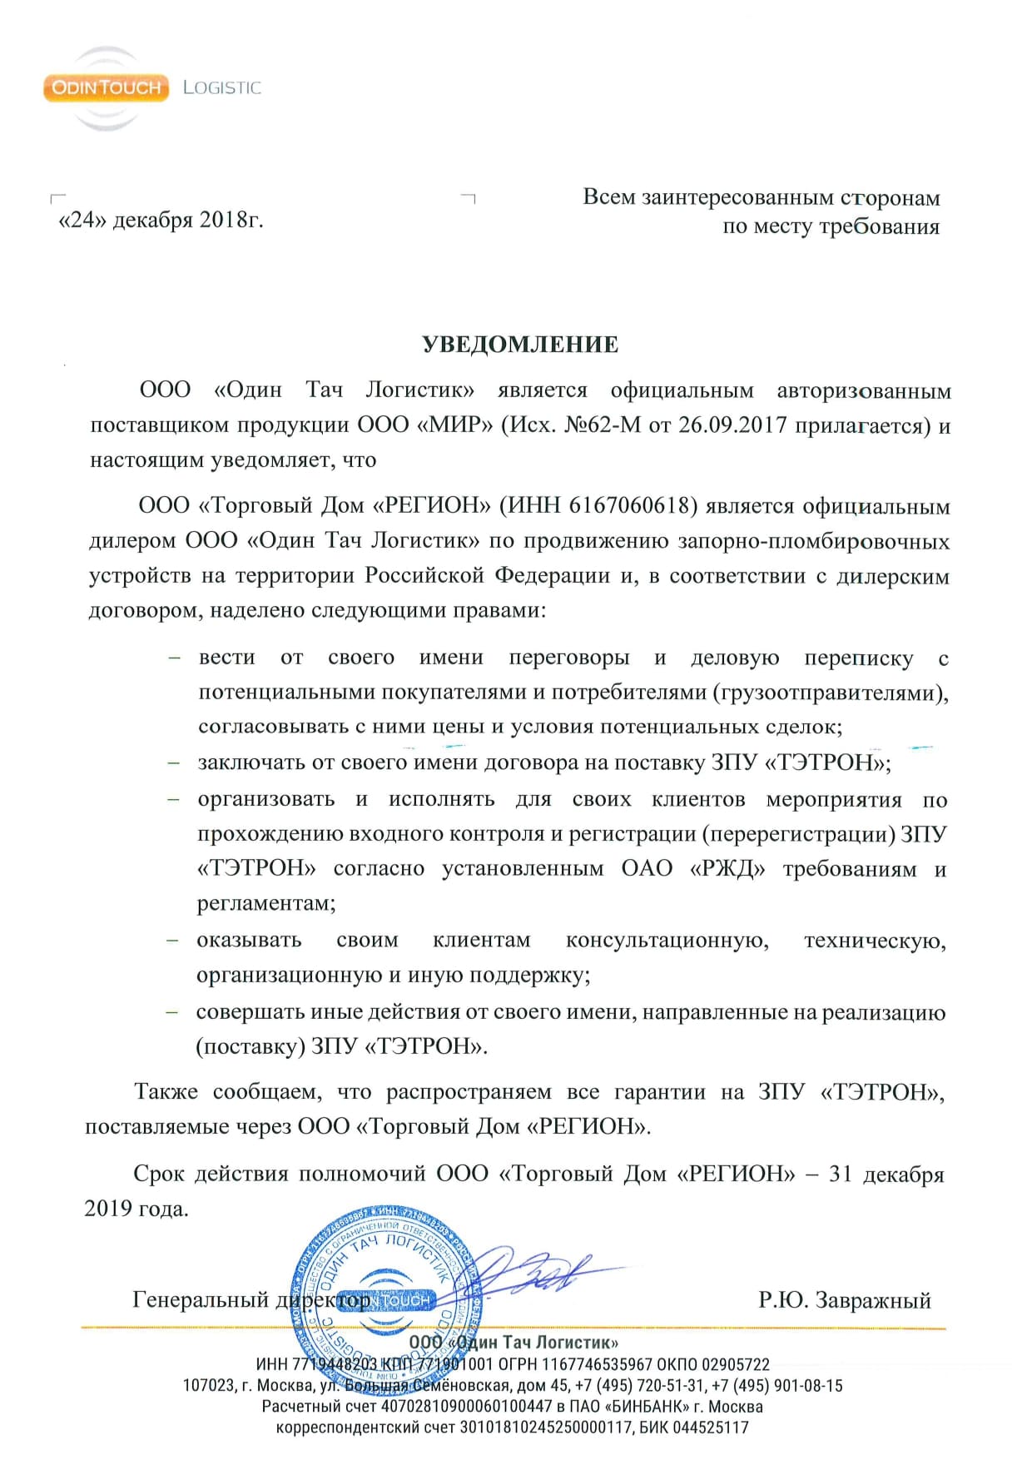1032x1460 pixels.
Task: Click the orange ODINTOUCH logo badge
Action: click(106, 87)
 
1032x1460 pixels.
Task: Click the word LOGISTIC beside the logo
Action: click(221, 87)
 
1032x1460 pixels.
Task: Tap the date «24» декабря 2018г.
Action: click(161, 220)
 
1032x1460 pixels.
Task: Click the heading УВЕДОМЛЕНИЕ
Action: click(520, 345)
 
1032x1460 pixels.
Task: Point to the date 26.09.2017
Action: click(732, 425)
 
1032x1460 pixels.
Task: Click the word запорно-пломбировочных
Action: click(814, 541)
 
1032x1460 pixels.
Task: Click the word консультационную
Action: click(667, 941)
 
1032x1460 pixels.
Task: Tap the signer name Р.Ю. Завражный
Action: click(844, 1300)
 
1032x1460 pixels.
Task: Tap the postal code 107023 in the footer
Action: click(207, 1386)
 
